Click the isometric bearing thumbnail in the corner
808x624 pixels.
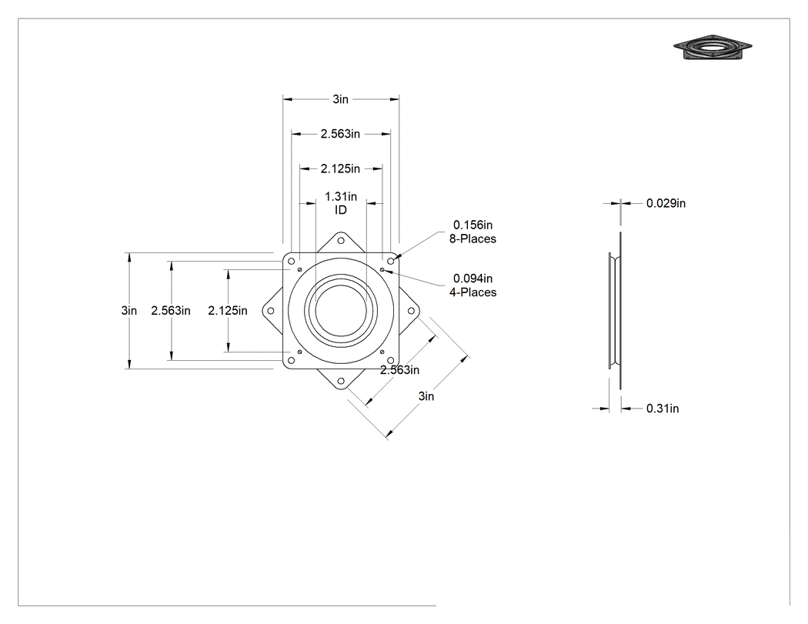(712, 48)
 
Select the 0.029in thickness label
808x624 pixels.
(666, 203)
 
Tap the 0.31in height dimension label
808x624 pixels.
(662, 409)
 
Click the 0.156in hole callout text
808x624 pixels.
(472, 225)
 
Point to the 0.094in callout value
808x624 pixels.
(472, 279)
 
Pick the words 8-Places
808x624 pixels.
(472, 239)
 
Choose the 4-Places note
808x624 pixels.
(472, 292)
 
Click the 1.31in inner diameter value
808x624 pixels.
(341, 196)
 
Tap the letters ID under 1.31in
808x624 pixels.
(341, 210)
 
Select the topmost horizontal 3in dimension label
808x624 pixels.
(341, 99)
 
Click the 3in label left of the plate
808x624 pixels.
(129, 310)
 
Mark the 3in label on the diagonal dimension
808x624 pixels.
(426, 395)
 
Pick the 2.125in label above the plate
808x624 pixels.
(340, 169)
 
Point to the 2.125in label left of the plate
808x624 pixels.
(227, 310)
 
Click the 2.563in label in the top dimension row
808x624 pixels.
(340, 133)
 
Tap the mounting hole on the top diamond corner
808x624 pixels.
(341, 241)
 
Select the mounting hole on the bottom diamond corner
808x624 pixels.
(341, 382)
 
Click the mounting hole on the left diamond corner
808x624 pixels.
(271, 311)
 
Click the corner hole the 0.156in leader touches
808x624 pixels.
(391, 262)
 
